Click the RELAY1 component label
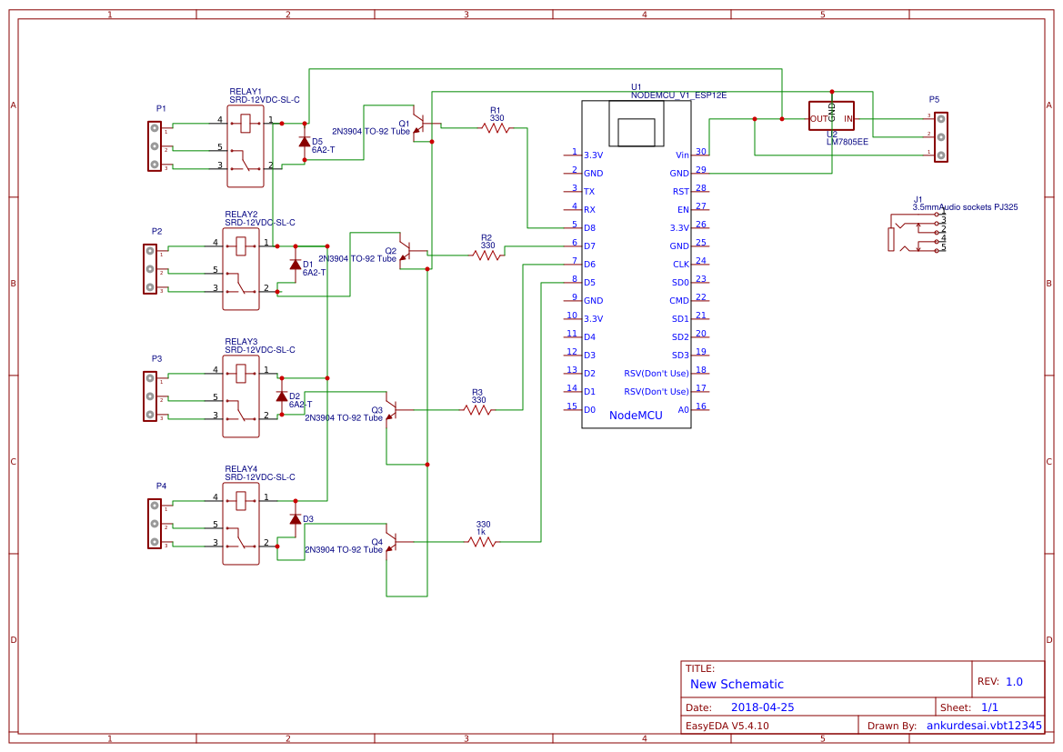pyautogui.click(x=246, y=92)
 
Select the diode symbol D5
pyautogui.click(x=305, y=141)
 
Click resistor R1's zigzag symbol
pyautogui.click(x=496, y=128)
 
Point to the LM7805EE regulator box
pyautogui.click(x=831, y=116)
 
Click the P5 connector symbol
pyautogui.click(x=941, y=136)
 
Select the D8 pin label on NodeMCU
pyautogui.click(x=589, y=227)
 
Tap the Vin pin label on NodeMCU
pyautogui.click(x=682, y=155)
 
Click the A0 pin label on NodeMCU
pyautogui.click(x=683, y=409)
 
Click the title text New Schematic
pyautogui.click(x=737, y=684)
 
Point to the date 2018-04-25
pyautogui.click(x=763, y=707)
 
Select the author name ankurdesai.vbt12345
pyautogui.click(x=984, y=726)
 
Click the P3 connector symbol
pyautogui.click(x=151, y=396)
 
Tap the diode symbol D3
pyautogui.click(x=296, y=518)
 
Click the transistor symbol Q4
pyautogui.click(x=391, y=540)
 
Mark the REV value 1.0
pyautogui.click(x=1014, y=681)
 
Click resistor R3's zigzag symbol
pyautogui.click(x=477, y=410)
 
